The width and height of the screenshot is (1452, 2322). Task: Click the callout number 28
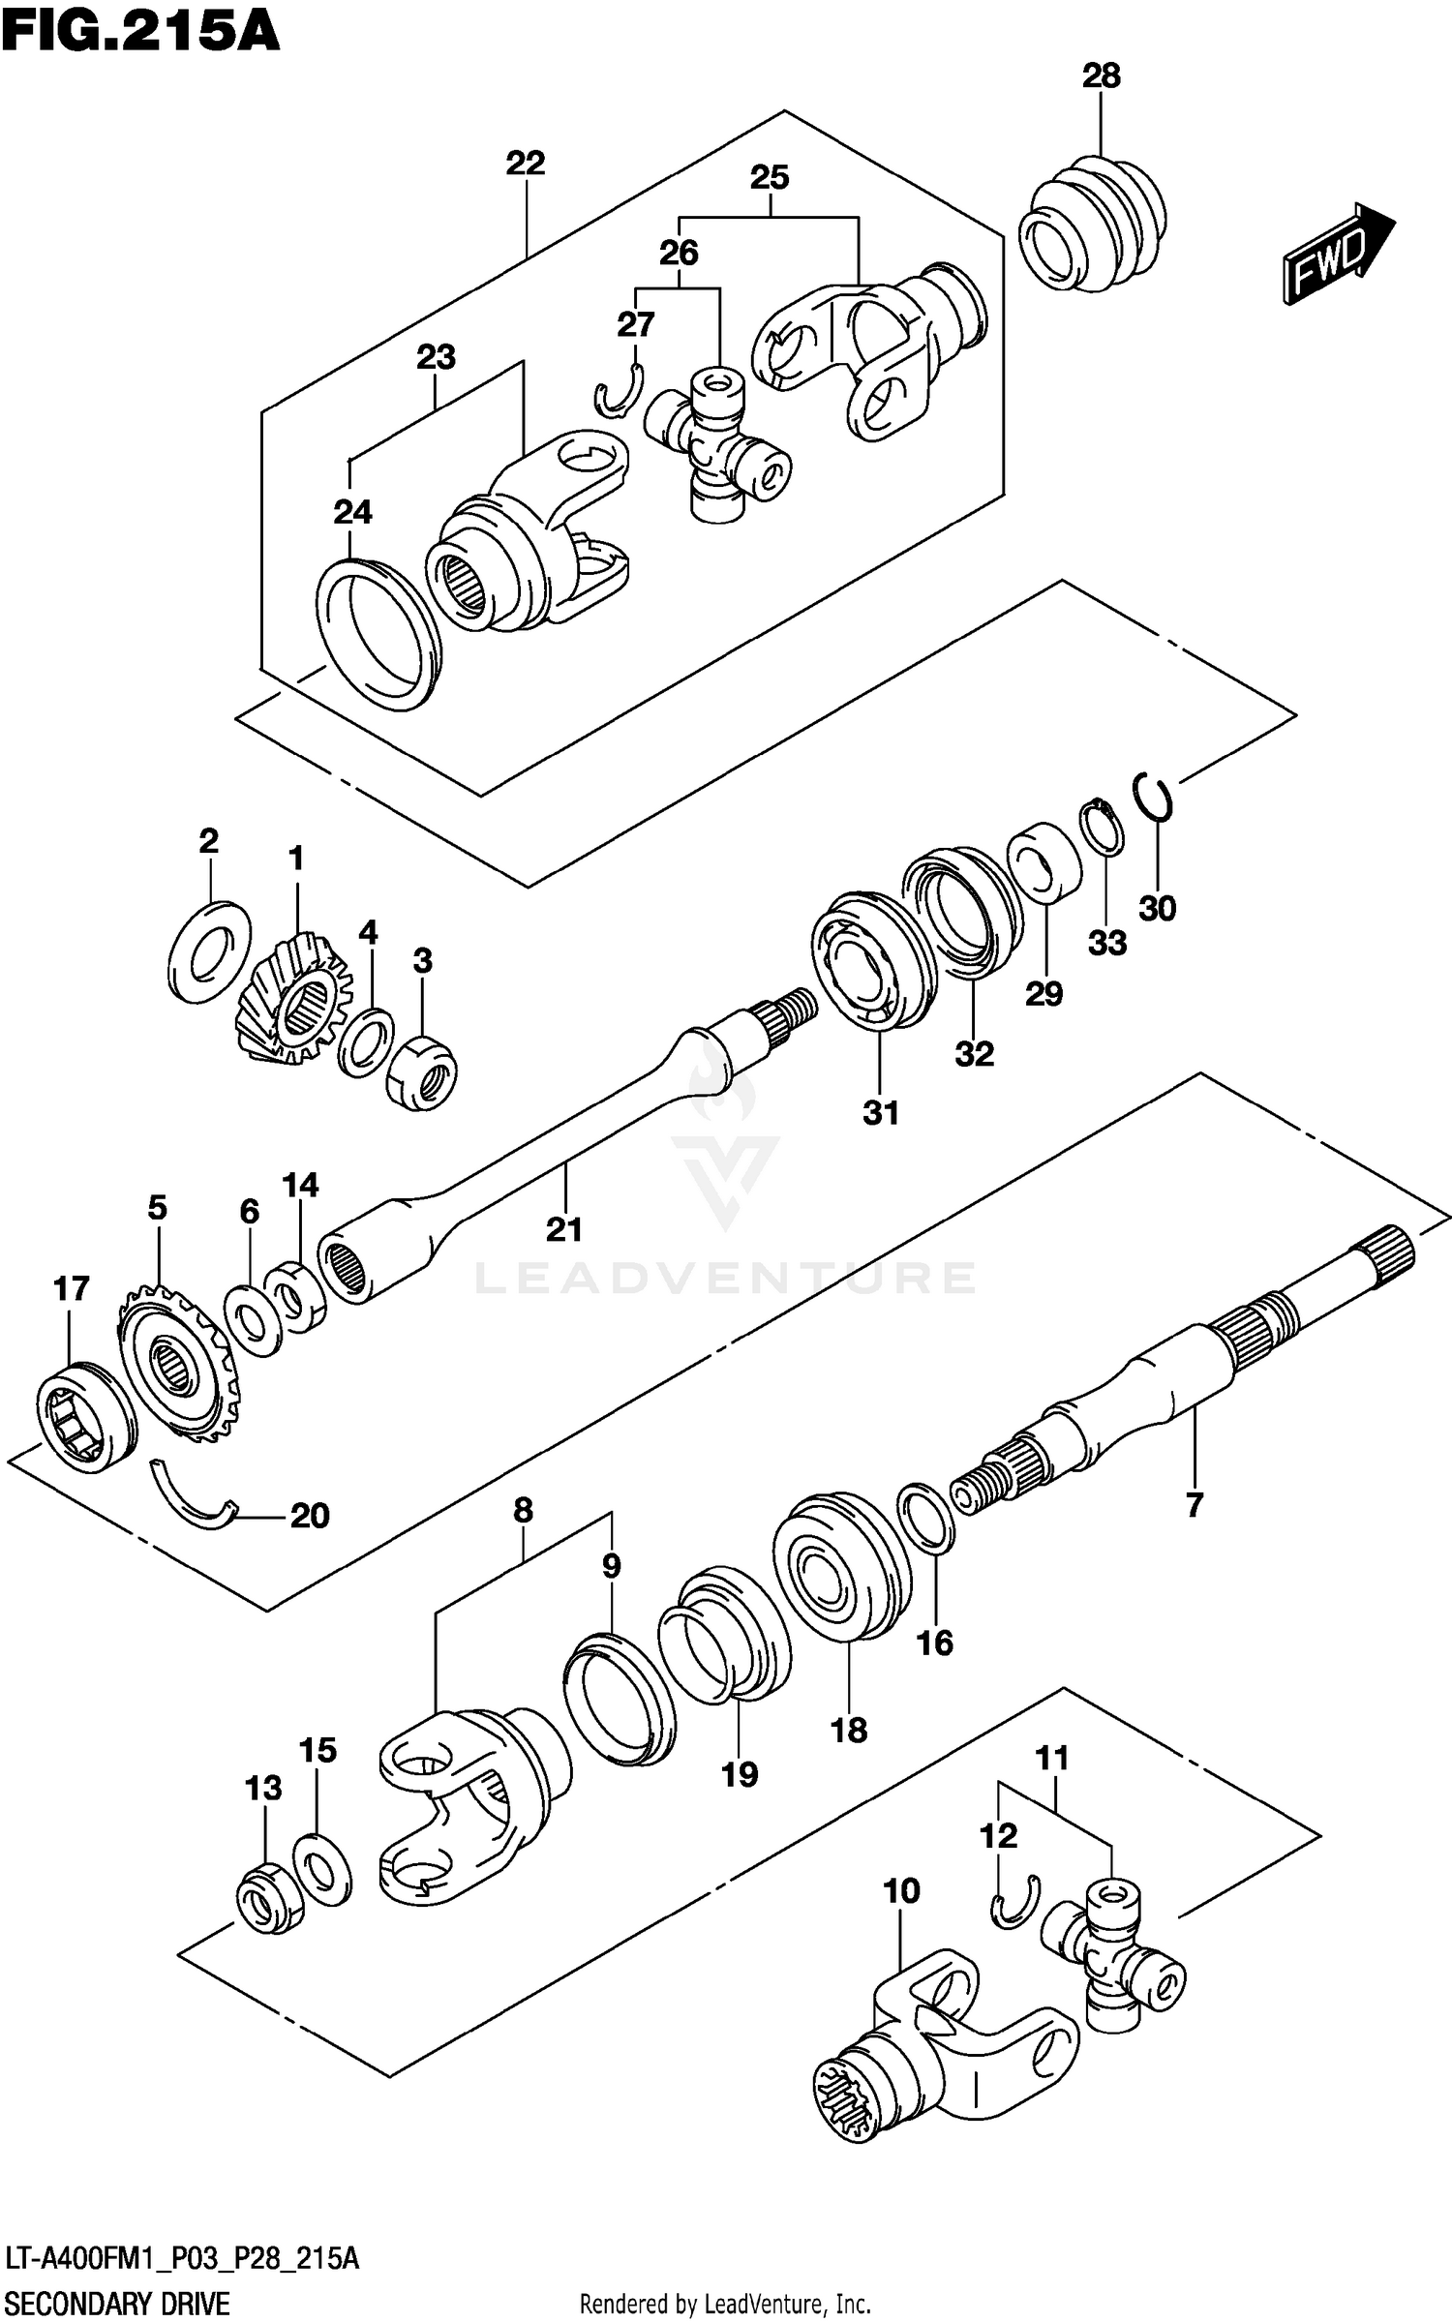coord(1101,75)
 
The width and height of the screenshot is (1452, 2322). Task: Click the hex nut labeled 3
coord(422,1071)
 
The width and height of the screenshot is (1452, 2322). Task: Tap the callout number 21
coord(563,1229)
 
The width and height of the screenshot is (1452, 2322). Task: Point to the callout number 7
coord(1194,1504)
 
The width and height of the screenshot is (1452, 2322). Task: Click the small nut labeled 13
coord(268,1897)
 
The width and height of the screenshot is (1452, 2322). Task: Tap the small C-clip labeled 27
coord(617,393)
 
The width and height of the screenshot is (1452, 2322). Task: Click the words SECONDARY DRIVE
coord(117,2303)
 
